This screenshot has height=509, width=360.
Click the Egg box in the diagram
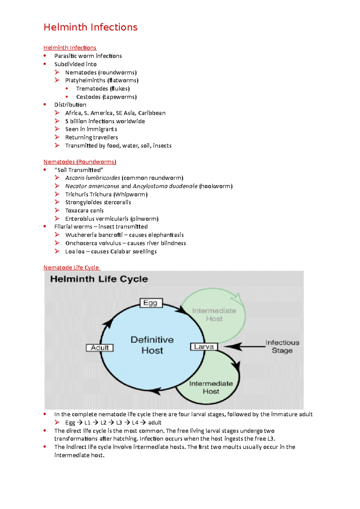(151, 303)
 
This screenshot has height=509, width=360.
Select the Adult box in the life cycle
(100, 348)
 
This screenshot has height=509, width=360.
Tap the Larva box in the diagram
(204, 347)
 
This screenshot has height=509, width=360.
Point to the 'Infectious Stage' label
(282, 347)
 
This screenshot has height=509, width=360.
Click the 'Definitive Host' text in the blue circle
(152, 345)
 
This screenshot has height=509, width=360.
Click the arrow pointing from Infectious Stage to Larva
(243, 347)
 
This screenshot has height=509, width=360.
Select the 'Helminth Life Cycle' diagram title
(99, 279)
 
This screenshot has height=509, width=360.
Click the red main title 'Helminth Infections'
(90, 27)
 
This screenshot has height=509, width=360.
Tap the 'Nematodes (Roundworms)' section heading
(80, 162)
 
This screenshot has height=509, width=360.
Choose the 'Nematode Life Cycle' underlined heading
(71, 267)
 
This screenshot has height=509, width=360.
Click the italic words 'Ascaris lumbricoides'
(93, 178)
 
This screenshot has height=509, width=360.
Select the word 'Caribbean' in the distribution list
(152, 113)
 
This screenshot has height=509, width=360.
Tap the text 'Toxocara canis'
(84, 210)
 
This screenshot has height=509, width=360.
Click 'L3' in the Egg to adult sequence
(119, 423)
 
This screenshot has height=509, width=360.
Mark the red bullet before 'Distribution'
(45, 104)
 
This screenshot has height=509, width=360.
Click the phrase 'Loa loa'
(75, 252)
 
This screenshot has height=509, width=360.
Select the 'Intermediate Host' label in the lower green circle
(211, 387)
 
